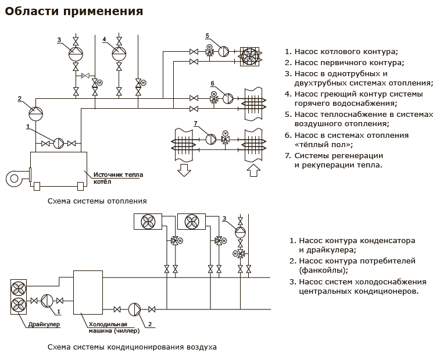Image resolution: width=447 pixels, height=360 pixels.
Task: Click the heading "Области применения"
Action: [x=74, y=10]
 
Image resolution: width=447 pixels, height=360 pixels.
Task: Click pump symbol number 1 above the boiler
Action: [x=58, y=143]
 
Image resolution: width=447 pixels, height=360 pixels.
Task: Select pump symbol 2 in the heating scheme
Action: [x=36, y=110]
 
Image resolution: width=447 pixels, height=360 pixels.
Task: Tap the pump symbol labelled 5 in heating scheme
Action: [x=224, y=52]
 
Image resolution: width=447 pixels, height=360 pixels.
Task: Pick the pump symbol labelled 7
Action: [x=211, y=139]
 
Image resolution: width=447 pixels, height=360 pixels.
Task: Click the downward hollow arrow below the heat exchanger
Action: [x=184, y=170]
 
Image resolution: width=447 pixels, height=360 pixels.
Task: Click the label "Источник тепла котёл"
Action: [x=117, y=177]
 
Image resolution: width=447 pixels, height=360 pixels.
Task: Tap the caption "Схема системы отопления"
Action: [x=97, y=201]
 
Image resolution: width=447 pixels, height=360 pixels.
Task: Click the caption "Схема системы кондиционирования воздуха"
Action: [x=133, y=347]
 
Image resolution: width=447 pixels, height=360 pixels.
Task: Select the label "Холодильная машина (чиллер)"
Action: [x=115, y=327]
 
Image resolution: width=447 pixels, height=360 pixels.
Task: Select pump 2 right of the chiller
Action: [x=134, y=309]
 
